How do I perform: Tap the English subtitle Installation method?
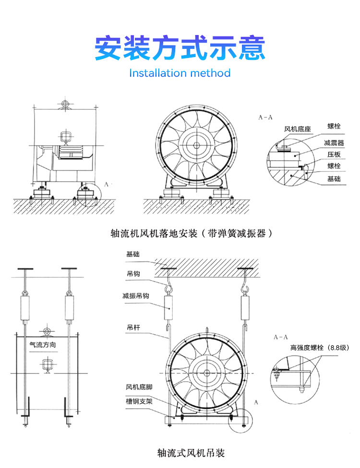(x=180, y=73)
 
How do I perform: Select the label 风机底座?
(x=298, y=129)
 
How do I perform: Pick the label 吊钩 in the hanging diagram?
(x=133, y=273)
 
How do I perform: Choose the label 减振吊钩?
(x=136, y=296)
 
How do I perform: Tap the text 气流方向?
(x=43, y=344)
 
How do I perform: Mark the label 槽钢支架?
(x=139, y=400)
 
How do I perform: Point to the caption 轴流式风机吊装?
(x=191, y=452)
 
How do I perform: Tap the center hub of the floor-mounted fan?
(x=196, y=145)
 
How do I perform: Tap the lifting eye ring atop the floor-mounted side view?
(x=64, y=104)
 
